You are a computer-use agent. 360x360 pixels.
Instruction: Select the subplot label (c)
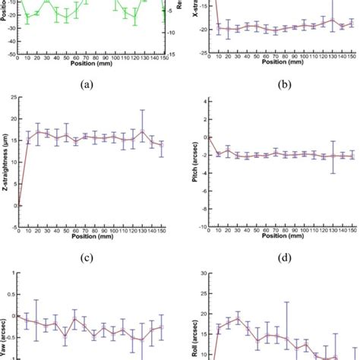(90, 256)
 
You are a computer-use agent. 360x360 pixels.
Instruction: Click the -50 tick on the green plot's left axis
(11, 55)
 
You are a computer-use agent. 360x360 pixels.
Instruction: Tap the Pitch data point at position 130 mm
(332, 156)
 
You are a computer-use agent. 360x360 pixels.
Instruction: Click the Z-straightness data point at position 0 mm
(19, 205)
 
